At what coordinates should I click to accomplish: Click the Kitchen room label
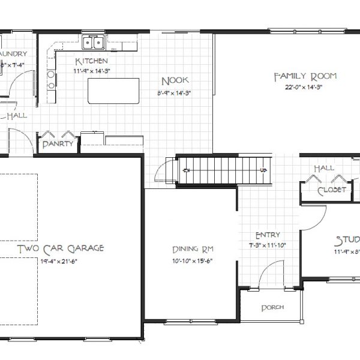(91, 61)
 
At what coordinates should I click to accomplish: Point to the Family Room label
(305, 76)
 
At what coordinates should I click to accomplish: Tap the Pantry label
(58, 144)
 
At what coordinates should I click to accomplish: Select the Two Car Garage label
(61, 248)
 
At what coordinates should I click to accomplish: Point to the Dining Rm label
(193, 249)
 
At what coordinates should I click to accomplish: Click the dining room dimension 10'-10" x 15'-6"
(193, 260)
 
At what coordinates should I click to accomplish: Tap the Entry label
(268, 235)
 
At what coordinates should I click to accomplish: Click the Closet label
(331, 190)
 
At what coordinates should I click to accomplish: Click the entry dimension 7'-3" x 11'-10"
(268, 245)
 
